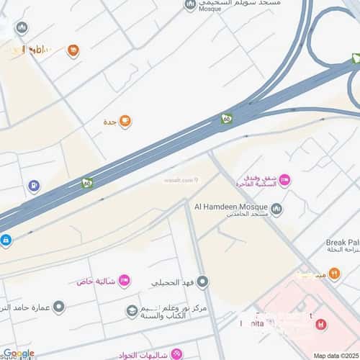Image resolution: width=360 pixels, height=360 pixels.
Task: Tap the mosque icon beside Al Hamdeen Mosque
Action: [276, 209]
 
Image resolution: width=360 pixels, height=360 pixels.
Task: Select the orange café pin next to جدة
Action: [125, 121]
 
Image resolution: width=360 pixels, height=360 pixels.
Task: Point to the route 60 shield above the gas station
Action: [87, 184]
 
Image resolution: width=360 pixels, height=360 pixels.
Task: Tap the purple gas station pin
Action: [34, 186]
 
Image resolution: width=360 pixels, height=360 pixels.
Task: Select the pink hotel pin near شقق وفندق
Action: [284, 180]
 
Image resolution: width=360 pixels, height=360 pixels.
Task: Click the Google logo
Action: [18, 353]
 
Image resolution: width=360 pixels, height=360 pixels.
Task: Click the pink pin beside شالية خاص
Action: [124, 280]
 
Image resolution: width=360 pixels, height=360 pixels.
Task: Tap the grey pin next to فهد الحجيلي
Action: [203, 282]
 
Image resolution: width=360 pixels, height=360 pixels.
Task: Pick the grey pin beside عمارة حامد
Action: [59, 307]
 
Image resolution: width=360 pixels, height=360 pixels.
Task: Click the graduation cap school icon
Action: [132, 311]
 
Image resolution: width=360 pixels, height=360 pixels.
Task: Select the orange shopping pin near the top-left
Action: [73, 50]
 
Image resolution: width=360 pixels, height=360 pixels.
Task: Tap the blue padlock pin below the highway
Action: [5, 240]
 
